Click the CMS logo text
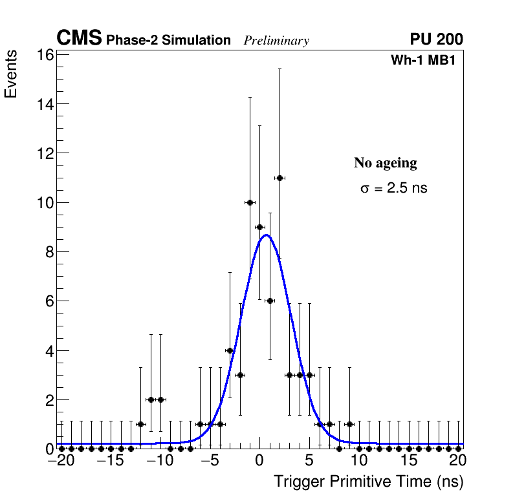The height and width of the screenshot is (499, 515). click(79, 39)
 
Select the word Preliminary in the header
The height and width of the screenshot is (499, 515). click(276, 41)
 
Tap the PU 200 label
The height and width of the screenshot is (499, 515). click(436, 39)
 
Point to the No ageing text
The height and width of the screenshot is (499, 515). click(386, 163)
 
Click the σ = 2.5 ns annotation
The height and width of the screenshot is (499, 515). click(394, 188)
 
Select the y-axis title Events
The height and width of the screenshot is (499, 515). click(11, 76)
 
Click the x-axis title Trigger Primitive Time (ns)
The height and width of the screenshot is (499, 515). click(368, 482)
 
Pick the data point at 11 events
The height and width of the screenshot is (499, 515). click(279, 178)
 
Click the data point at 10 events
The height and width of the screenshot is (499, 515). click(250, 202)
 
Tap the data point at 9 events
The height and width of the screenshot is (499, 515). click(259, 227)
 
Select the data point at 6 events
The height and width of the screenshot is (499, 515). click(270, 301)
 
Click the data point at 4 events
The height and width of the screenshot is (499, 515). click(230, 350)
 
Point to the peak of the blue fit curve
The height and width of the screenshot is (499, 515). click(266, 235)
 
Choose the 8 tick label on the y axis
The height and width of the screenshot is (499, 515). click(49, 251)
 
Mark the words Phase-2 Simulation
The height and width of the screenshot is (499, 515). click(168, 41)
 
